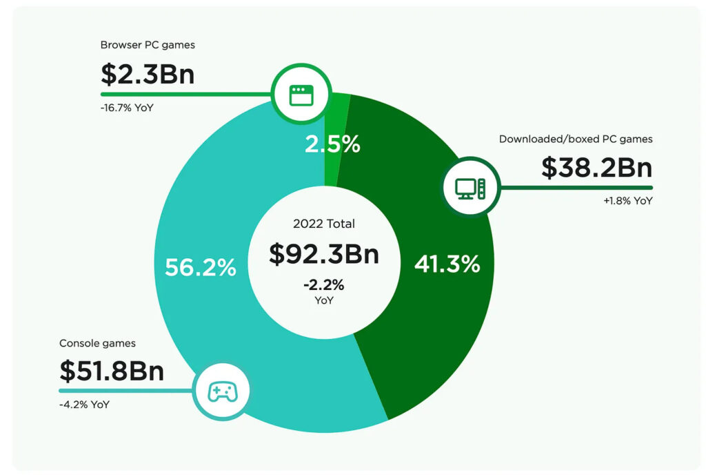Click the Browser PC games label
pyautogui.click(x=148, y=46)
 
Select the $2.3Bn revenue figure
pyautogui.click(x=148, y=72)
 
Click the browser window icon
pyautogui.click(x=297, y=95)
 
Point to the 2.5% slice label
pyautogui.click(x=333, y=144)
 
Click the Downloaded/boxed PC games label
pyautogui.click(x=576, y=139)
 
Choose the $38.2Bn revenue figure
pyautogui.click(x=596, y=167)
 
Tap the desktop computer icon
pyautogui.click(x=470, y=186)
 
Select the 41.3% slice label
pyautogui.click(x=447, y=264)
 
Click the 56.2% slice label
pyautogui.click(x=200, y=267)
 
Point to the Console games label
pyautogui.click(x=97, y=343)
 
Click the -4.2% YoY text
pyautogui.click(x=84, y=405)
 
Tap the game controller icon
pyautogui.click(x=223, y=391)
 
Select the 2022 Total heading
pyautogui.click(x=324, y=224)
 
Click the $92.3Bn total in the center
pyautogui.click(x=324, y=253)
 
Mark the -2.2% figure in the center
pyautogui.click(x=324, y=285)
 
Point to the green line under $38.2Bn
pyautogui.click(x=576, y=187)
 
